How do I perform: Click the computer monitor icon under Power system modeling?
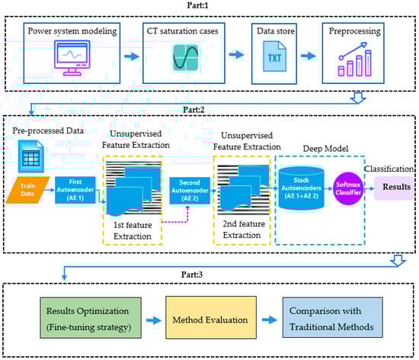coord(72,58)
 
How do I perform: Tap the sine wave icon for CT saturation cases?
coord(185,58)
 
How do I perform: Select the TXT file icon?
coord(274,56)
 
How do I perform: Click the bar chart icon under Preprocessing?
coord(354,59)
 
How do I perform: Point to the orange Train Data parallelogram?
coord(27,190)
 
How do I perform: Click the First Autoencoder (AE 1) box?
coord(75,190)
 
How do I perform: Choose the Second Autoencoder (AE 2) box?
coord(190,191)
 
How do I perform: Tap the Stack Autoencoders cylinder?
coord(301,188)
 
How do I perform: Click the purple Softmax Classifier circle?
coord(348,188)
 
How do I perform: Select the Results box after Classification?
coord(394,188)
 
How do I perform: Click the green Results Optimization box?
coord(91,318)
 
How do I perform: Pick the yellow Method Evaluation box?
coord(211,317)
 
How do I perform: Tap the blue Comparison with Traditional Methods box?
coord(333,317)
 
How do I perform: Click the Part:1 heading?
coord(197,5)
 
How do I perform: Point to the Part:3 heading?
coord(192,275)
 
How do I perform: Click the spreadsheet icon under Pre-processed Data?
coord(31,156)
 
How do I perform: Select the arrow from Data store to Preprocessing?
coord(309,56)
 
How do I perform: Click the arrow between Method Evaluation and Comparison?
coord(270,320)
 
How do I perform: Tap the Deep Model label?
coord(325,149)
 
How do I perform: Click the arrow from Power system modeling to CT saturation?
coord(132,56)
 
